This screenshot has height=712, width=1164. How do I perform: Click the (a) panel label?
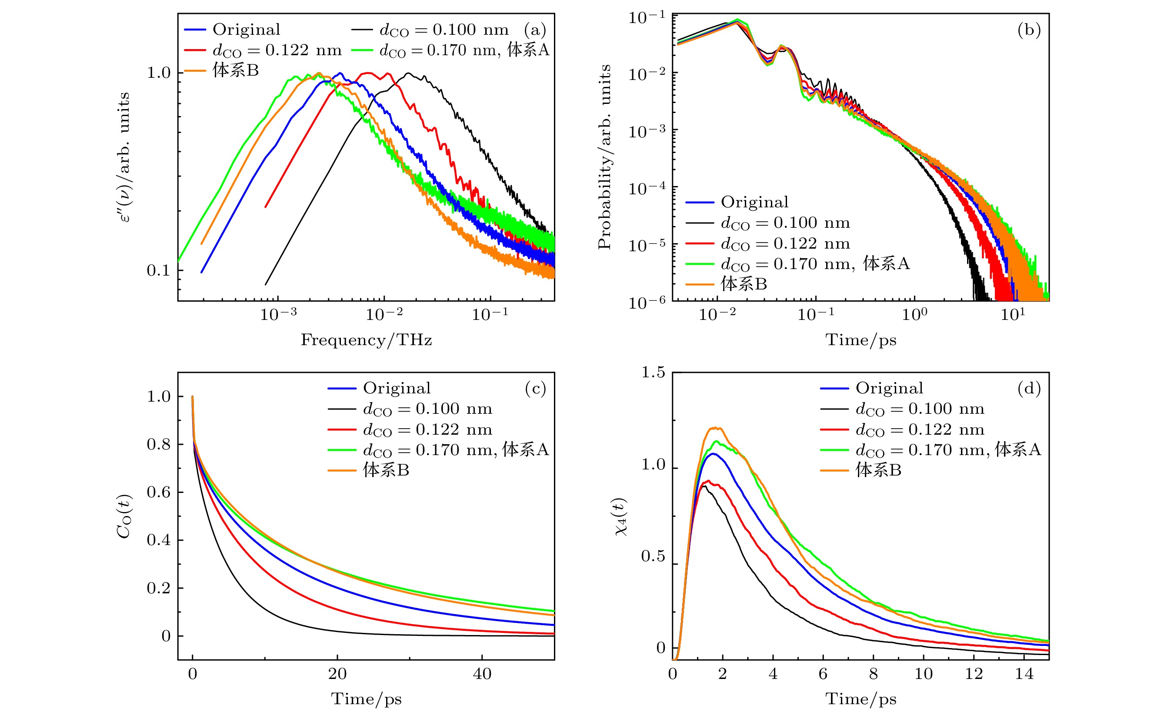[x=535, y=30]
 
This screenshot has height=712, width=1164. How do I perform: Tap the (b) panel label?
[x=1029, y=30]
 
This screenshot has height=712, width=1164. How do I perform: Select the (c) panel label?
[x=535, y=389]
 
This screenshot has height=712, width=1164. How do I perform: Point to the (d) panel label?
[x=1029, y=389]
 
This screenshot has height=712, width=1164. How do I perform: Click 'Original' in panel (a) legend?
[x=246, y=30]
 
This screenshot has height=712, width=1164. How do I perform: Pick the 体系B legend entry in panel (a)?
[x=235, y=70]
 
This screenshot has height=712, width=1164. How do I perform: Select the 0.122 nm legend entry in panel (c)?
[x=427, y=429]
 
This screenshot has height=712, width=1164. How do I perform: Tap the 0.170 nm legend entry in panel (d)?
[x=947, y=450]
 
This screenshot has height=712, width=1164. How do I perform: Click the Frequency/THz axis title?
[x=366, y=340]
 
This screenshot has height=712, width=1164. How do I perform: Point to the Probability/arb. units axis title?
[x=604, y=157]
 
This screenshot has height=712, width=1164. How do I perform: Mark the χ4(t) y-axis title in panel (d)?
[x=621, y=516]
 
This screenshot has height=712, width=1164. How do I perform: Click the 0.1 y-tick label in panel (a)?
[x=158, y=270]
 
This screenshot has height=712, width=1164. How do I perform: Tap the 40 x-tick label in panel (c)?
[x=482, y=674]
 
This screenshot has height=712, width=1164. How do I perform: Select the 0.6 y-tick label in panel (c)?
[x=158, y=492]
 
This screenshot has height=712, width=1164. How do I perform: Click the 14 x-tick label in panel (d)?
[x=1024, y=674]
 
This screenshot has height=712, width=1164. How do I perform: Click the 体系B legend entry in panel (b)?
[x=744, y=284]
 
